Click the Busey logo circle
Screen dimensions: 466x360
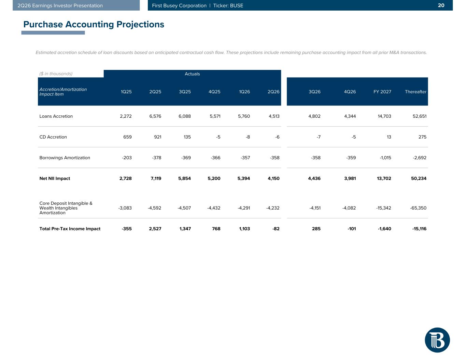pos(437,340)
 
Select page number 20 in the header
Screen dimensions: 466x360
pos(441,5)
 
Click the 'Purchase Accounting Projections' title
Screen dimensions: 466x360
pos(94,25)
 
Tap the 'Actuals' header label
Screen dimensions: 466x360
pos(192,74)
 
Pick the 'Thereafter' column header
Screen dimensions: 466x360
pos(415,92)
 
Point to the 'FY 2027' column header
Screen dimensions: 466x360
pos(382,92)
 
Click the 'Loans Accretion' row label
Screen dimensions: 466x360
pos(56,116)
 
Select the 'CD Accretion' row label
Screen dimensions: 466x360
pos(53,137)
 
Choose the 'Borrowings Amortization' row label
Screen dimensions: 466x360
pos(65,158)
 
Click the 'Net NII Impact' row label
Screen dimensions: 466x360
pos(55,178)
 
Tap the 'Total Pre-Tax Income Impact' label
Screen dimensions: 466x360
pos(70,229)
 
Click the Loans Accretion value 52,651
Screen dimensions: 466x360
pos(420,116)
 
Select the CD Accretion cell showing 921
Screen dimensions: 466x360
pos(158,137)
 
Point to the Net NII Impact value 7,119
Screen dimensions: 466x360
pos(156,178)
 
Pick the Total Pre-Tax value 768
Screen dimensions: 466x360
pos(216,229)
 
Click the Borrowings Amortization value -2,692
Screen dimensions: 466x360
pos(420,158)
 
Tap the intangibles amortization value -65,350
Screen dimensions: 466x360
pos(418,208)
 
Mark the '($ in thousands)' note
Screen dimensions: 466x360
pos(56,74)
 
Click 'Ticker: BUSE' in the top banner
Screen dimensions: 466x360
pos(228,5)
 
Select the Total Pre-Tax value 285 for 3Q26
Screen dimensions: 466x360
pos(316,229)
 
